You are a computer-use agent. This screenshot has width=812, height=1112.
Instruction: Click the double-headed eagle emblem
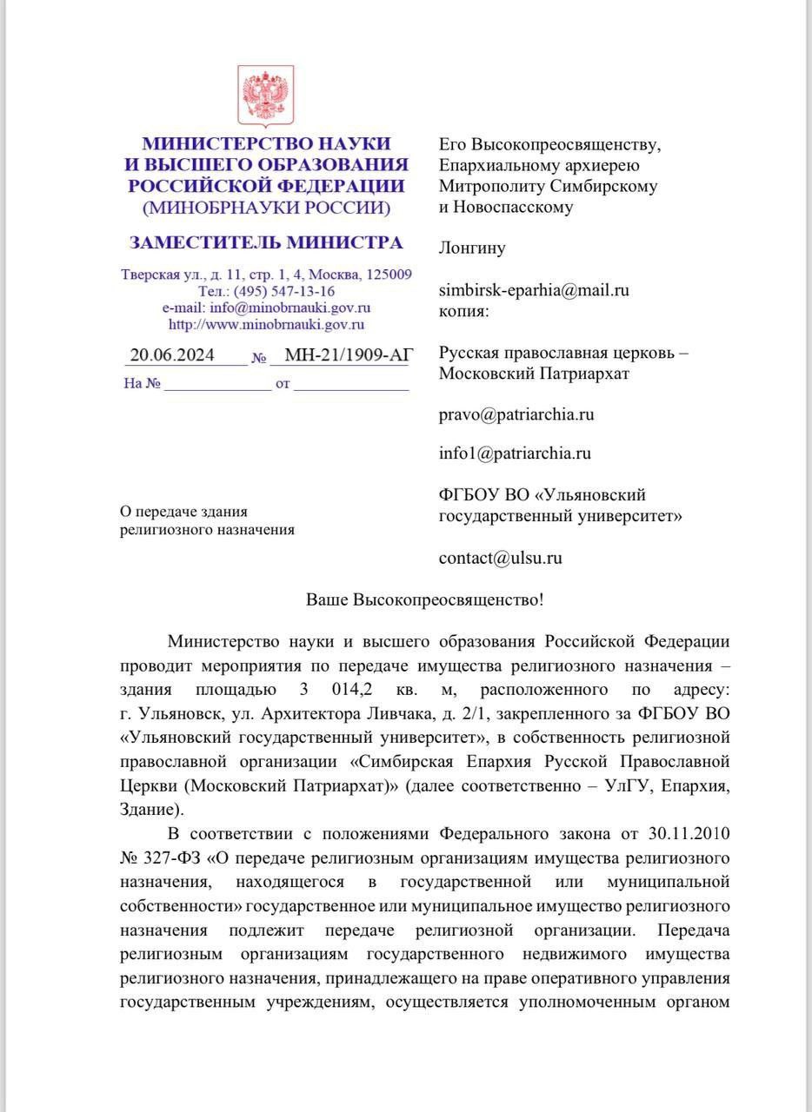coord(267,95)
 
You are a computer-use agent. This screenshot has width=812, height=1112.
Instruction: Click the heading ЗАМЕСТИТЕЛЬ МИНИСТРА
coord(266,242)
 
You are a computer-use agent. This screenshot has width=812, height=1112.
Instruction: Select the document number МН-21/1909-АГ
coord(346,354)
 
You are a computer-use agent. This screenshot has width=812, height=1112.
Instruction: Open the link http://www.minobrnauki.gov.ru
coord(266,324)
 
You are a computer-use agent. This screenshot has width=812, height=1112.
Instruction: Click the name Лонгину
coord(472,248)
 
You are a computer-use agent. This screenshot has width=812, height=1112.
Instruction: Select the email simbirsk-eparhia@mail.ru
coord(534,290)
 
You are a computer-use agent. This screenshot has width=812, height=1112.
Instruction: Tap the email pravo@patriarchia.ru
coord(516,414)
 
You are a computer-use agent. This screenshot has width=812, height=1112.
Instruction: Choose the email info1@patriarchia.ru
coord(515,453)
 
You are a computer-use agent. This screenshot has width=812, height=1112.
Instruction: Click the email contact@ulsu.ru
coord(500,558)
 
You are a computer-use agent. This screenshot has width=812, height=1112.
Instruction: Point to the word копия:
coord(463,309)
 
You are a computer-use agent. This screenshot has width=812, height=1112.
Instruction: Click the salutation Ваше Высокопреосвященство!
coord(425,600)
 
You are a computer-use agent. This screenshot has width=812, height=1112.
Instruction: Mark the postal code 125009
coord(389,275)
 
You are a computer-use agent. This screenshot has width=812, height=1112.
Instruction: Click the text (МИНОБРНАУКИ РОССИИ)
coord(266,208)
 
